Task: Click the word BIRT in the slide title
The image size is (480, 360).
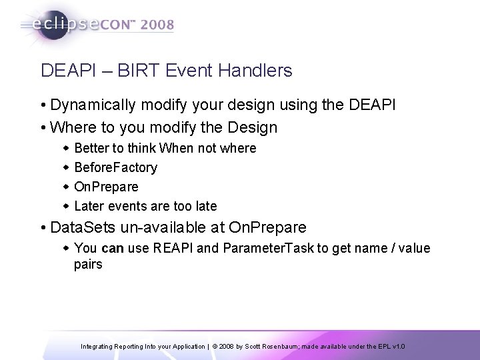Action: [x=139, y=71]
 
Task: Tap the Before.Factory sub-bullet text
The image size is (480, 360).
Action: [x=116, y=167]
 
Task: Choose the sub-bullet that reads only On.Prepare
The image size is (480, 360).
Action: [x=107, y=187]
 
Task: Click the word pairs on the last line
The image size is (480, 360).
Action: [x=88, y=265]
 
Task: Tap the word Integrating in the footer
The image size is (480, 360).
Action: [x=99, y=347]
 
